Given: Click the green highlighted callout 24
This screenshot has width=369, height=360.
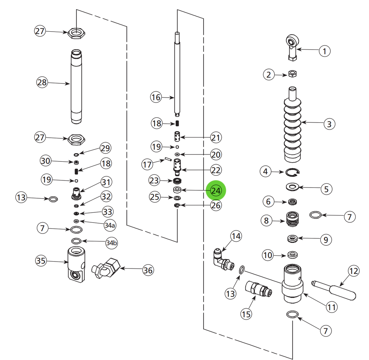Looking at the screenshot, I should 216,191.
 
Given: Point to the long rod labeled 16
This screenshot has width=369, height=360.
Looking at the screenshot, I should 177,76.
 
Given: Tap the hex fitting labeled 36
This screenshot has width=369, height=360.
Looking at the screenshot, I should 106,268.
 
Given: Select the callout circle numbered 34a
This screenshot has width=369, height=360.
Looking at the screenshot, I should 110,225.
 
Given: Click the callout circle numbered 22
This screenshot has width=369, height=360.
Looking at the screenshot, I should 216,170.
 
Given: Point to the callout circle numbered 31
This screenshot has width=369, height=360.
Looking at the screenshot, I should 106,182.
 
